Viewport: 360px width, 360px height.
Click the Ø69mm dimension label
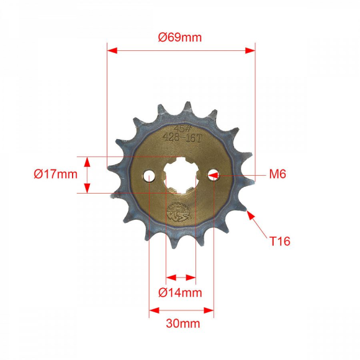click(x=180, y=37)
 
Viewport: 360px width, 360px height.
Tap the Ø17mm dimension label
click(x=56, y=174)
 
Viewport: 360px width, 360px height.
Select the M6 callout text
click(x=277, y=174)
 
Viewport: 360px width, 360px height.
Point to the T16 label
click(x=280, y=240)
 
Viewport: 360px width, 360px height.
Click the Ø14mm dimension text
click(x=181, y=292)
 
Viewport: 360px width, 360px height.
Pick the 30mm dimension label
click(x=182, y=323)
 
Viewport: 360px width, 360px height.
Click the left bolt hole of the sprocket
click(x=150, y=177)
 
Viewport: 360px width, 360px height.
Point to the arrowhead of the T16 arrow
click(x=250, y=214)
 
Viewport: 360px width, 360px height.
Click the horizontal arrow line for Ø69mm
click(x=181, y=51)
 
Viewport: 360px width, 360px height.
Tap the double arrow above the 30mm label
click(x=181, y=310)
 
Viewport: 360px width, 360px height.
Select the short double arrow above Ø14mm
click(x=181, y=277)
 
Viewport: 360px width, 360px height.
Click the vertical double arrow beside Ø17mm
click(x=88, y=174)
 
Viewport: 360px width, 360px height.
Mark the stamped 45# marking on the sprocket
click(x=181, y=128)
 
